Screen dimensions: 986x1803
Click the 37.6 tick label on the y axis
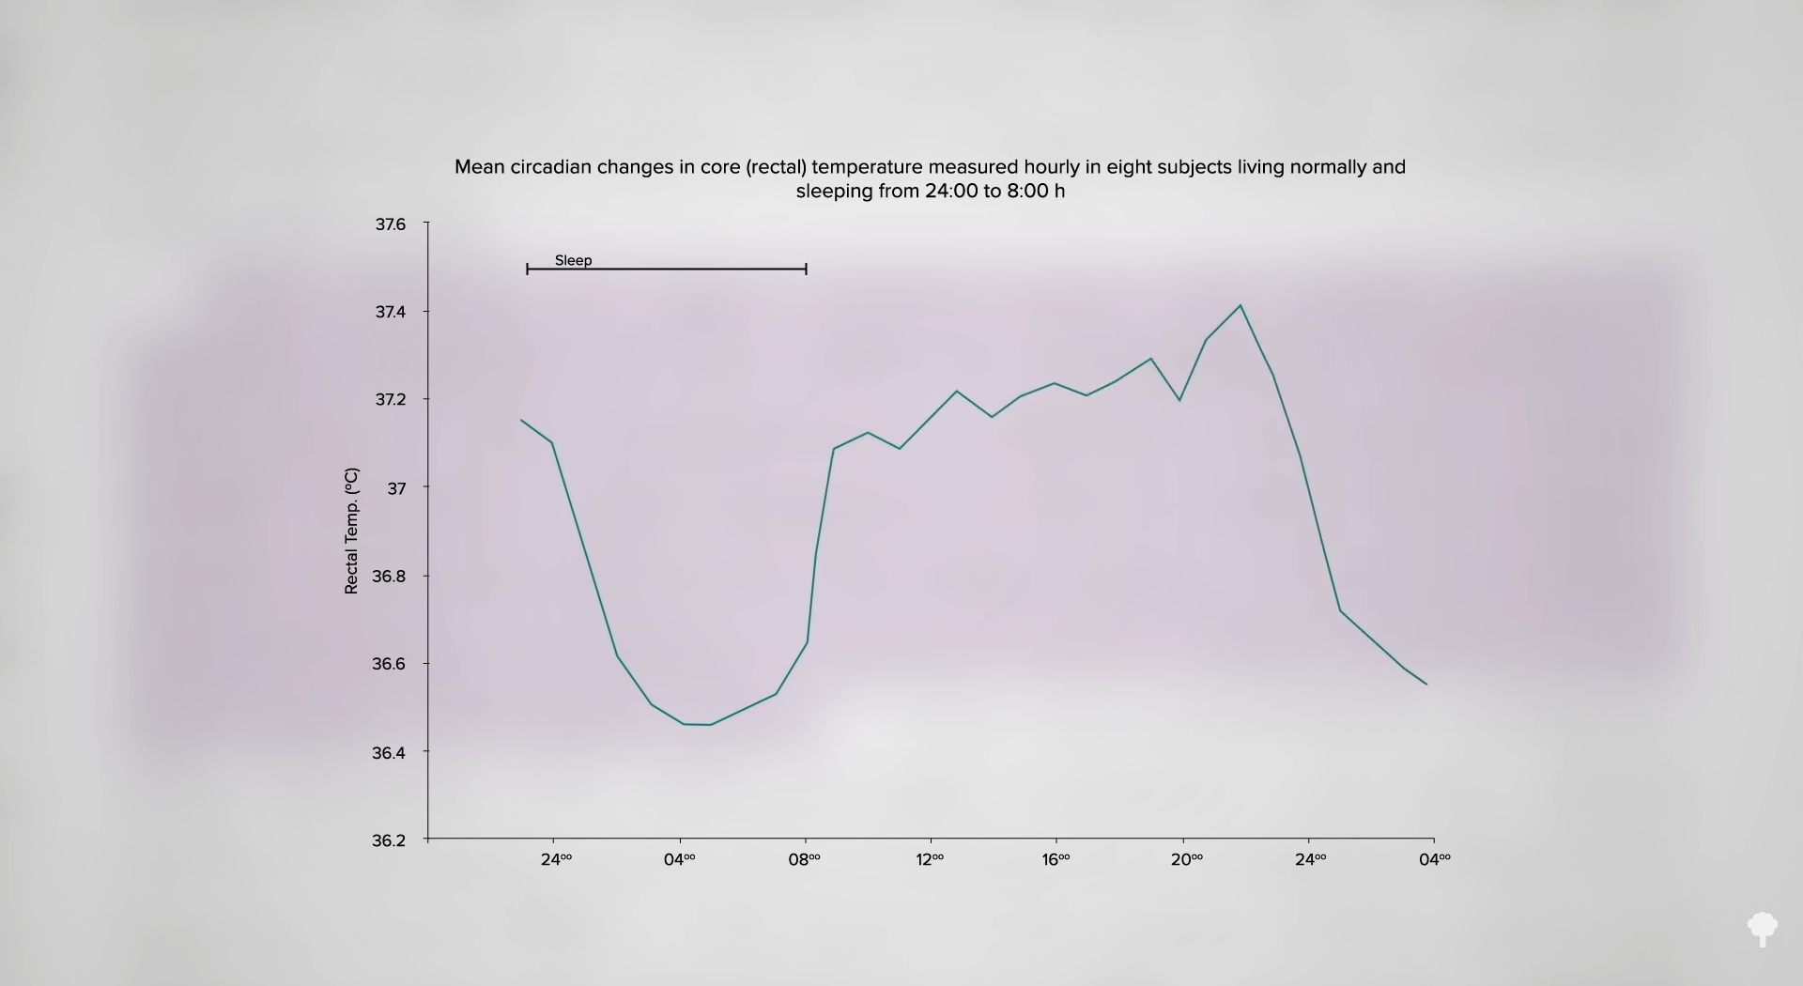point(391,224)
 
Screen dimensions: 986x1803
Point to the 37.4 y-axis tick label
point(391,312)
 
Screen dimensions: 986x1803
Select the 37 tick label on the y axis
point(396,488)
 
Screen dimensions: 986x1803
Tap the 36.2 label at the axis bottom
point(389,840)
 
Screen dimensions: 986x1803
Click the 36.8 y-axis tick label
point(389,577)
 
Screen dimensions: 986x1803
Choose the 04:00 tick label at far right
point(1434,859)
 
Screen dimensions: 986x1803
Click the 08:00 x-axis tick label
point(804,859)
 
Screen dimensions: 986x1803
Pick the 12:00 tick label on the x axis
point(930,859)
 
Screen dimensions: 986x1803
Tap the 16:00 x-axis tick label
point(1056,859)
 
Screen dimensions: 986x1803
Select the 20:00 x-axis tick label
point(1186,859)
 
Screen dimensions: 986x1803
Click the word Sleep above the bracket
point(573,260)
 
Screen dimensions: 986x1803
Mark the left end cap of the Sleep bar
point(528,270)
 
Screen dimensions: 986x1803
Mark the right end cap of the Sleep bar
point(806,270)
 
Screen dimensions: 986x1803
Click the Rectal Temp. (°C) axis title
point(351,531)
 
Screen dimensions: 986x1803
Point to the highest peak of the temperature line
point(1241,305)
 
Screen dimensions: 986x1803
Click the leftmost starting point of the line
point(521,420)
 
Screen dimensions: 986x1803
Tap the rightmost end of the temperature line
point(1426,684)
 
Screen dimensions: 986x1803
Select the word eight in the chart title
point(1127,167)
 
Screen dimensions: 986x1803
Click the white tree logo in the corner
point(1762,929)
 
